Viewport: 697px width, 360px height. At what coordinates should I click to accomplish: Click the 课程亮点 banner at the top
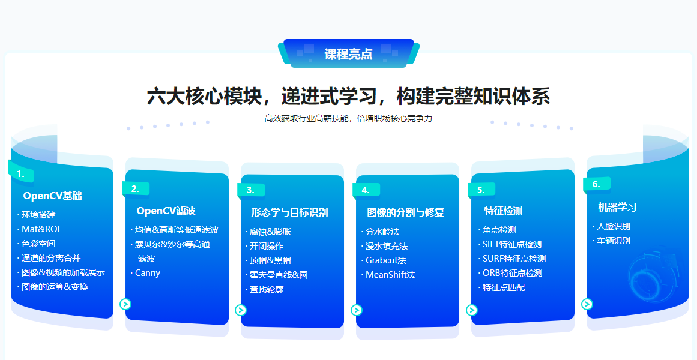[x=348, y=54]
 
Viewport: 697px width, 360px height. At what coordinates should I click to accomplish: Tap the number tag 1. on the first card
[x=21, y=174]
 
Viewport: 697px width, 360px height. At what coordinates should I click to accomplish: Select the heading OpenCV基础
[x=53, y=196]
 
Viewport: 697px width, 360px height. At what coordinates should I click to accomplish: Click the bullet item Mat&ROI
[x=41, y=229]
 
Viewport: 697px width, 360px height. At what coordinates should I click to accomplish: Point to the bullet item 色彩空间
[x=38, y=243]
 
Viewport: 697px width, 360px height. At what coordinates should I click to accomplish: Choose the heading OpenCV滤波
[x=166, y=211]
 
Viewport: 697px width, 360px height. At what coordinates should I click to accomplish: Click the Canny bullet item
[x=148, y=273]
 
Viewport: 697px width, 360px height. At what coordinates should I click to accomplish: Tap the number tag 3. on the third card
[x=250, y=190]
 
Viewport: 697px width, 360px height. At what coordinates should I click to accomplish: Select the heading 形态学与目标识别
[x=289, y=212]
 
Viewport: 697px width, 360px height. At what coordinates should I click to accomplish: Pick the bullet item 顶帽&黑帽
[x=270, y=260]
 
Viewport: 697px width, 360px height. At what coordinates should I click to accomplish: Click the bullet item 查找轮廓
[x=267, y=289]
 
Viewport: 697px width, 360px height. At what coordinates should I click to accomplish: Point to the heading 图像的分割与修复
[x=405, y=212]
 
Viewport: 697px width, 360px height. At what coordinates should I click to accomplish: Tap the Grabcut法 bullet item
[x=386, y=260]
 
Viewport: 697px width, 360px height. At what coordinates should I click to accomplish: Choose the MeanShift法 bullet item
[x=390, y=275]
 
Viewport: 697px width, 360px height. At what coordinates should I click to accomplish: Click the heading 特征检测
[x=503, y=211]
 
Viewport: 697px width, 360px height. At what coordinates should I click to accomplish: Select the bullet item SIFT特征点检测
[x=512, y=244]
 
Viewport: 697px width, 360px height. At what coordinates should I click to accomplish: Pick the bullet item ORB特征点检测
[x=513, y=273]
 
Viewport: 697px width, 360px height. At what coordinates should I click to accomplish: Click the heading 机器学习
[x=617, y=207]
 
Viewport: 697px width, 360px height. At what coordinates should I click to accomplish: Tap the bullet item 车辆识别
[x=613, y=241]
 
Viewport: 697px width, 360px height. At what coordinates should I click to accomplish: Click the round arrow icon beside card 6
[x=587, y=304]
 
